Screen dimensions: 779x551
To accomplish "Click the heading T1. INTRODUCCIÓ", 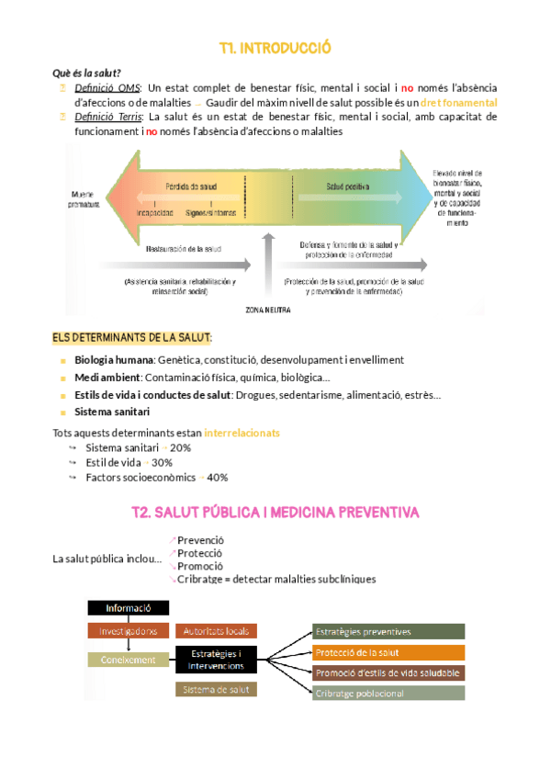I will pyautogui.click(x=275, y=48).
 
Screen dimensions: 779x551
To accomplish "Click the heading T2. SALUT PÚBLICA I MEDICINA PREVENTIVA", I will pyautogui.click(x=275, y=511).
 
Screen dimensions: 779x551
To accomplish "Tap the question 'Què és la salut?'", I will pyautogui.click(x=87, y=73).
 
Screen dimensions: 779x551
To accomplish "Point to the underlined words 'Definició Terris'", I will pyautogui.click(x=107, y=117).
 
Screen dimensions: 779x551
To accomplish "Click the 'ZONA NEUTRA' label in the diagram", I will pyautogui.click(x=268, y=310).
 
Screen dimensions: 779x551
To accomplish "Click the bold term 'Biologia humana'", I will pyautogui.click(x=114, y=360).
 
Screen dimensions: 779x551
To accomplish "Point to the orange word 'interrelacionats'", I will pyautogui.click(x=242, y=432).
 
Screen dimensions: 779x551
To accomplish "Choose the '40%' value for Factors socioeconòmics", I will pyautogui.click(x=218, y=478).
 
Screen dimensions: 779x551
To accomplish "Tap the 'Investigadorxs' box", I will pyautogui.click(x=128, y=631).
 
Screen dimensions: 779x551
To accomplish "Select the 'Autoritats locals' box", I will pyautogui.click(x=217, y=631).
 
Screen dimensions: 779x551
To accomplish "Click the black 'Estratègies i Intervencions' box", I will pyautogui.click(x=217, y=660).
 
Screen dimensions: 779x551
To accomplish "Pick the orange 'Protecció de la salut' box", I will pyautogui.click(x=388, y=652).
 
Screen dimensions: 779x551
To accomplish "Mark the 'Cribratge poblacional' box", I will pyautogui.click(x=388, y=694).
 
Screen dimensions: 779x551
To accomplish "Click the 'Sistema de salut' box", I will pyautogui.click(x=217, y=689).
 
